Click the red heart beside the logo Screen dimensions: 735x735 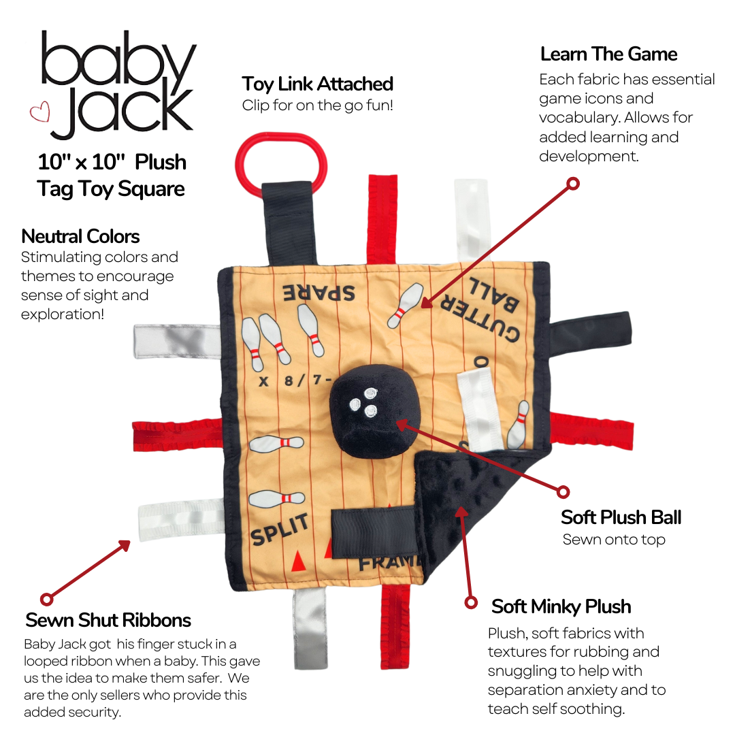click(x=40, y=112)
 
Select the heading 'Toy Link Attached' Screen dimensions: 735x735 click(x=317, y=84)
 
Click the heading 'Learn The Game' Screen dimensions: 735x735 click(x=608, y=54)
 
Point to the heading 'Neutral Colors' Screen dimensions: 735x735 click(x=80, y=237)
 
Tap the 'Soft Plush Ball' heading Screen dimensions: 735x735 click(x=621, y=517)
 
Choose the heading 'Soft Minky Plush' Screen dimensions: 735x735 click(x=561, y=606)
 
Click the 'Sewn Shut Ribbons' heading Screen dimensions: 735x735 click(x=108, y=620)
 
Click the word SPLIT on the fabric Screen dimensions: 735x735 click(x=279, y=529)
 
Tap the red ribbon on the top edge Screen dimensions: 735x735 click(x=382, y=218)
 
